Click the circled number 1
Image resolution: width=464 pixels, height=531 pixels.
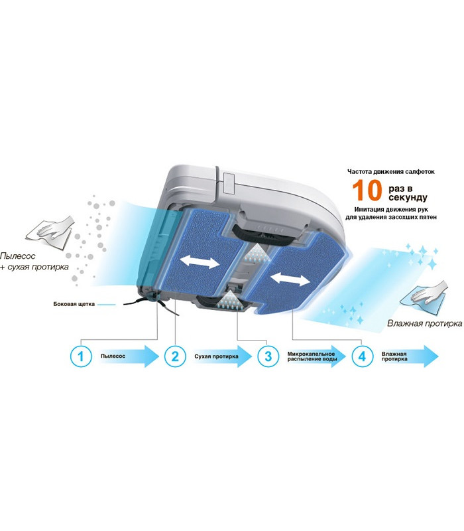tap(81, 356)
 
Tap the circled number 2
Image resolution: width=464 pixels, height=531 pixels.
tap(175, 356)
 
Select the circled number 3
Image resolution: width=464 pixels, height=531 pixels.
tap(268, 356)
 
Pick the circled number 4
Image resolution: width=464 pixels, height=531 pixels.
tap(362, 356)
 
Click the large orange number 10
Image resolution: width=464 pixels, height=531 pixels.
tap(367, 190)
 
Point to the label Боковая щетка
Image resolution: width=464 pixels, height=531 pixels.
tap(74, 304)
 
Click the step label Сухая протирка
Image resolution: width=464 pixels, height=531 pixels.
tap(217, 356)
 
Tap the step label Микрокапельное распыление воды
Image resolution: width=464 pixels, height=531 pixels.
tap(312, 356)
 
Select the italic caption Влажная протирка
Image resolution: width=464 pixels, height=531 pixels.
tap(424, 323)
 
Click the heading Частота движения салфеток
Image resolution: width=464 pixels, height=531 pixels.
tap(391, 172)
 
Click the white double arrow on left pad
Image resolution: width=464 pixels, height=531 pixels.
tap(200, 262)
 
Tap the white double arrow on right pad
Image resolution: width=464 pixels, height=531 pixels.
tap(290, 279)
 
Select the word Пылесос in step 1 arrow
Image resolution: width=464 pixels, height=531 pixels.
tap(113, 356)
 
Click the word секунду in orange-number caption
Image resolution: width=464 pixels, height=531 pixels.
tap(408, 197)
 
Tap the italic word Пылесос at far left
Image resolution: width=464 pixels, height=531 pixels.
tap(18, 256)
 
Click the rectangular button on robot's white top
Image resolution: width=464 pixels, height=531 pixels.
tap(229, 183)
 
